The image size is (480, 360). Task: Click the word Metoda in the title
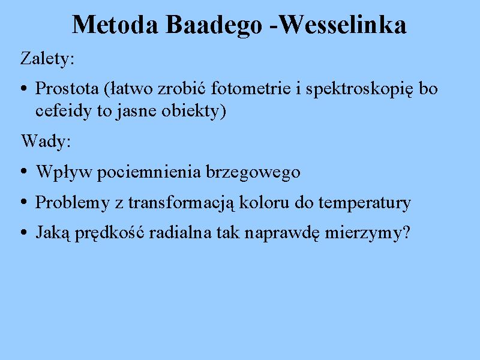click(115, 25)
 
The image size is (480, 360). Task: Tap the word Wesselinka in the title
click(343, 25)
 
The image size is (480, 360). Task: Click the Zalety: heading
click(47, 58)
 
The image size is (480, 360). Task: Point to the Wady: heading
click(46, 141)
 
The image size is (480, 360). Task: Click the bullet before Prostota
click(24, 89)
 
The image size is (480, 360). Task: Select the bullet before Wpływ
click(24, 171)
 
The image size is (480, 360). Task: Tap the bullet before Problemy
click(24, 202)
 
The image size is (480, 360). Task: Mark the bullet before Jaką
click(24, 232)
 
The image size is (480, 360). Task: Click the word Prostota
click(67, 88)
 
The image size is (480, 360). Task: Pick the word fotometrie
click(251, 88)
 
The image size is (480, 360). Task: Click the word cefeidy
click(64, 111)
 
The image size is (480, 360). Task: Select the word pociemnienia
click(149, 172)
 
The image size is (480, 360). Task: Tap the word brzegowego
click(253, 172)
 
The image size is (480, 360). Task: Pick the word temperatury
click(365, 203)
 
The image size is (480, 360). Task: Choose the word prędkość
click(109, 233)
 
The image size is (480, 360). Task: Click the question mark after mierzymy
click(407, 232)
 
